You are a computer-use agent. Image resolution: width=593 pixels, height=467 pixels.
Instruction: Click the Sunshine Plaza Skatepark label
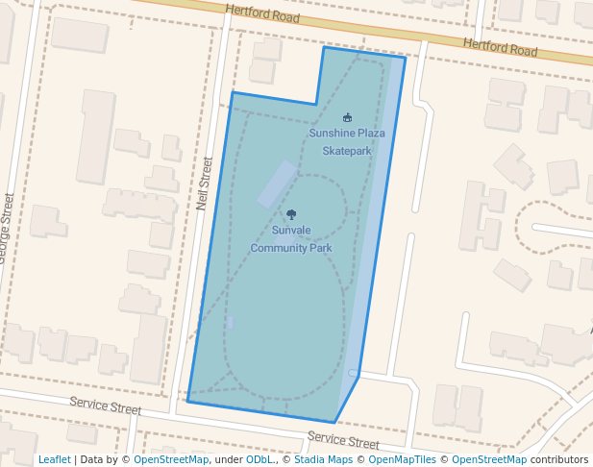click(346, 141)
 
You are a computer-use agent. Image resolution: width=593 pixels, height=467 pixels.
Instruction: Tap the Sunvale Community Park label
click(291, 238)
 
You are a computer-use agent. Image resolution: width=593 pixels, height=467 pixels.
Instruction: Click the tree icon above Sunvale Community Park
click(291, 215)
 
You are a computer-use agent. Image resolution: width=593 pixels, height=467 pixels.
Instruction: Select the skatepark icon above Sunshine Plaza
click(347, 117)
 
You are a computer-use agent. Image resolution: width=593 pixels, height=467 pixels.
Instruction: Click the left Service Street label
click(105, 406)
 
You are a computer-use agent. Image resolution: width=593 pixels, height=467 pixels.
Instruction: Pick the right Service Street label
click(343, 441)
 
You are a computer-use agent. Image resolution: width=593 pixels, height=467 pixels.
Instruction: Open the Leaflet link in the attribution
click(54, 459)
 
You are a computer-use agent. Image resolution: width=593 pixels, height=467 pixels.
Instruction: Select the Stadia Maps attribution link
click(323, 459)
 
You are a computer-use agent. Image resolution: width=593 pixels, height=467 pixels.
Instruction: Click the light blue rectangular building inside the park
click(277, 183)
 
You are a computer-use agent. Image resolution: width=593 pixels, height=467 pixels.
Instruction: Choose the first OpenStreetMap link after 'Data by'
click(170, 459)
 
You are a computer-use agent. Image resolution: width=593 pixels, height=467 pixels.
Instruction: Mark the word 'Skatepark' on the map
click(346, 151)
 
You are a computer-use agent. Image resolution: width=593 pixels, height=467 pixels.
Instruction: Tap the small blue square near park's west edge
click(231, 323)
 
